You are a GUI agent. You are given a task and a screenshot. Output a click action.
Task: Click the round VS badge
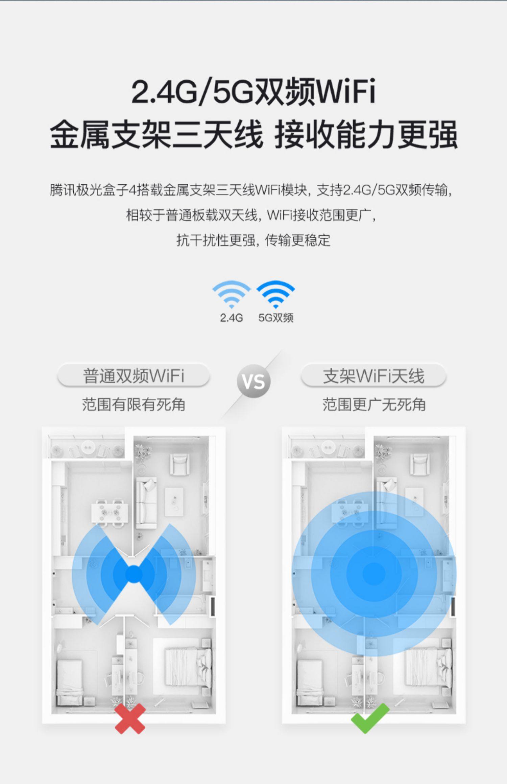[x=254, y=381]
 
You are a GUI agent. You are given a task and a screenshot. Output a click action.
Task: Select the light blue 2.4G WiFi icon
[x=231, y=294]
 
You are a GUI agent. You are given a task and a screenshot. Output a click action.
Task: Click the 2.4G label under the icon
[x=231, y=318]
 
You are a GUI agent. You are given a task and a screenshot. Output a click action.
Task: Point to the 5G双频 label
[x=276, y=318]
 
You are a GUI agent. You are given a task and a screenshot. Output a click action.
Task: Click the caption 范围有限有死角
[x=134, y=404]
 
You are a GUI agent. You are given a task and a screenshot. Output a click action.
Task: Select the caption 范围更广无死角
[x=374, y=404]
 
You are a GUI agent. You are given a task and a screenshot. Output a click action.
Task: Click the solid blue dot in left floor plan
[x=134, y=574]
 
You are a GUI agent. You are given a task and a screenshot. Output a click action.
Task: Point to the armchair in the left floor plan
[x=179, y=464]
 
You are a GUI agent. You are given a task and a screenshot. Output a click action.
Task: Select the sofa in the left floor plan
[x=146, y=503]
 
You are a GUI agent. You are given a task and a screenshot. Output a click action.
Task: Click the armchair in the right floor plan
[x=419, y=464]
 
